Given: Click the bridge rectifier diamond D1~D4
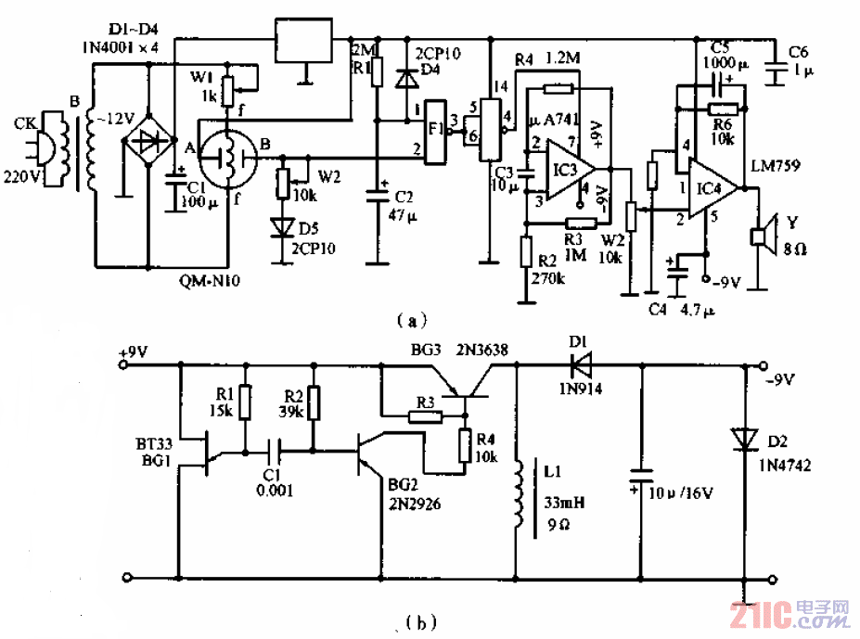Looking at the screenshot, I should (148, 142).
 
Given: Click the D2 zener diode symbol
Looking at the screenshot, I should (744, 439).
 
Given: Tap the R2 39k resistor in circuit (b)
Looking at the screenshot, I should (314, 403).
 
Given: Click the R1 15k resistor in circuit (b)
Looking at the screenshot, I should (245, 403).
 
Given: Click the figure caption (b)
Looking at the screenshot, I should (416, 620).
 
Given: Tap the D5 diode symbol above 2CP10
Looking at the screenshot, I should (280, 226).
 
